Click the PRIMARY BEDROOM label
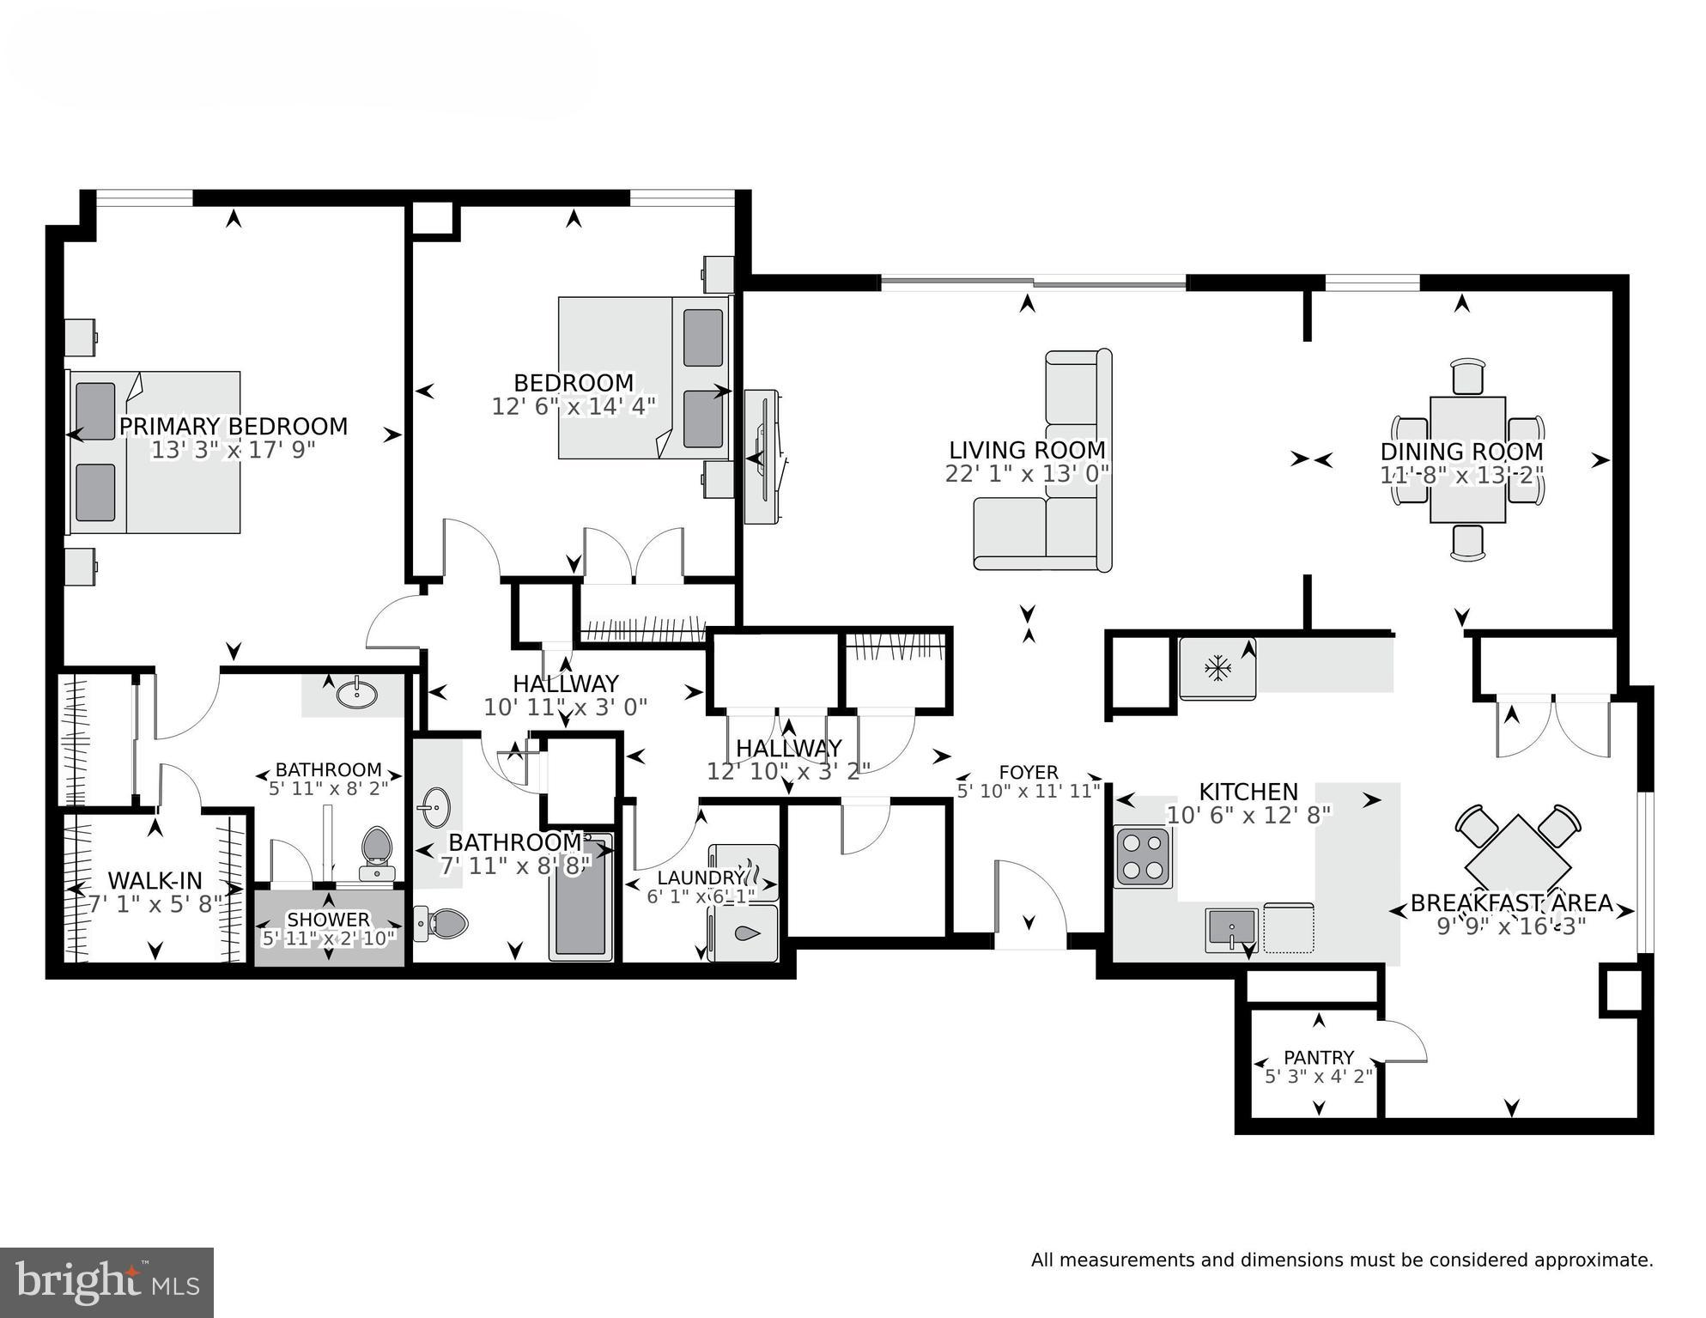[x=233, y=427]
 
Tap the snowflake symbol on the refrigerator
[x=1216, y=668]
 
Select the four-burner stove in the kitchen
[x=1143, y=857]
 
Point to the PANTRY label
[x=1319, y=1057]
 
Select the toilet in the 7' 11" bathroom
[x=444, y=923]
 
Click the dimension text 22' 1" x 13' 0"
[x=1027, y=474]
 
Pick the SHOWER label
[x=328, y=920]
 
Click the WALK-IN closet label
[x=155, y=880]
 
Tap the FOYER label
[x=1029, y=772]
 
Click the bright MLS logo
[x=106, y=1282]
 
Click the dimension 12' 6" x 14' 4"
[x=574, y=406]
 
